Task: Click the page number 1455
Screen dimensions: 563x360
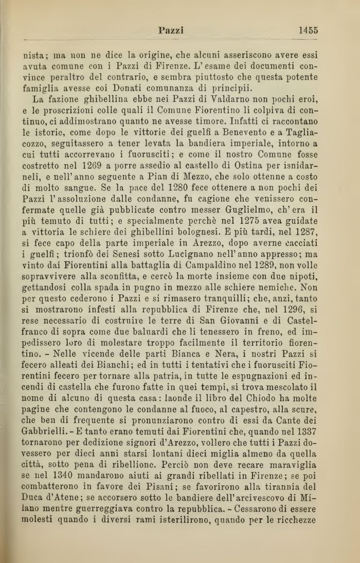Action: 308,30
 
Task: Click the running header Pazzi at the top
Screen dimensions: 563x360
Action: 171,30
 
